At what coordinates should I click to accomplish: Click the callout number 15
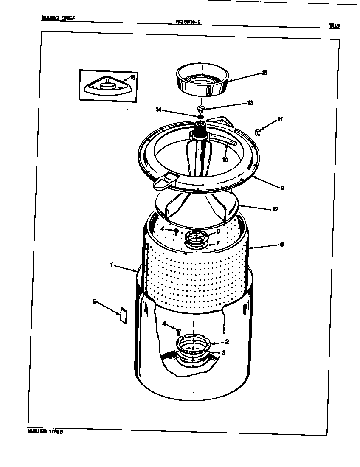coord(264,73)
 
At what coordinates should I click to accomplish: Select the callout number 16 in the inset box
coord(132,78)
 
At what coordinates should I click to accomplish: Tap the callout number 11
coord(280,119)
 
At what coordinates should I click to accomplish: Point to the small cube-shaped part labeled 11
coord(257,132)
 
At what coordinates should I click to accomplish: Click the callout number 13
coord(250,103)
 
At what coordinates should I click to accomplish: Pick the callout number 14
coord(159,110)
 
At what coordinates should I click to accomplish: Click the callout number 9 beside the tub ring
coord(282,188)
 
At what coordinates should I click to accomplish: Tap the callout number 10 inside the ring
coord(225,160)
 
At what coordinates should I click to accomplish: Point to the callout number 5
coord(94,302)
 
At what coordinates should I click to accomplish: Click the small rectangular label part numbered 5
coord(123,316)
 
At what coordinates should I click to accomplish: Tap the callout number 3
coord(224,353)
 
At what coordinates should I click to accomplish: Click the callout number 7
coord(217,243)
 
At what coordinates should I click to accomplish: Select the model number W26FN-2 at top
coord(187,22)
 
